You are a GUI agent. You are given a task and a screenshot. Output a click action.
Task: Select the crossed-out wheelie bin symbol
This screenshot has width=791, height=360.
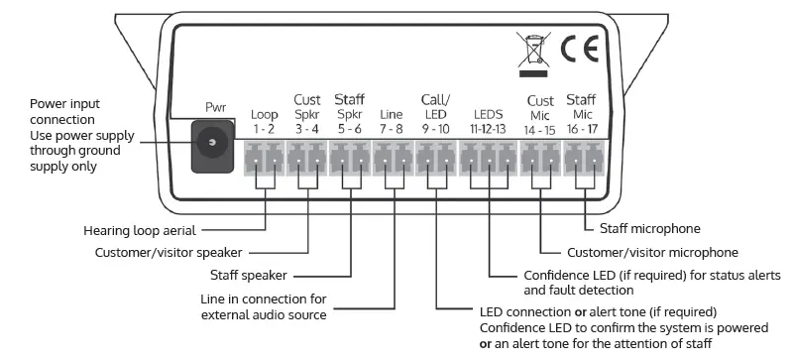click(x=530, y=52)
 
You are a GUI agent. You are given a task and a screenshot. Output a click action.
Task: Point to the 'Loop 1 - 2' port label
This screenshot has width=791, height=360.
click(x=264, y=120)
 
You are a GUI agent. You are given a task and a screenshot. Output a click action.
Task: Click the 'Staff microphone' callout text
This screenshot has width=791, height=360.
click(x=651, y=228)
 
